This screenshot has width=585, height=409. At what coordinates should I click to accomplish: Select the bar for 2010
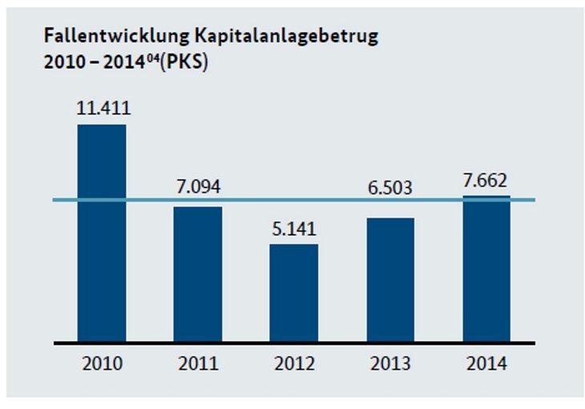pos(102,232)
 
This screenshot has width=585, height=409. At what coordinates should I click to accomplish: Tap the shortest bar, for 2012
pos(294,292)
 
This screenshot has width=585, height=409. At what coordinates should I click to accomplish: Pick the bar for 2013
pos(390,279)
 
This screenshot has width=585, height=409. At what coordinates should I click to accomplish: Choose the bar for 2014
pos(486,269)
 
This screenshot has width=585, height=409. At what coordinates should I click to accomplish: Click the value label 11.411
pos(102,108)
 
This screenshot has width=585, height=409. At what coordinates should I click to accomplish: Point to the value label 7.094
pos(198,189)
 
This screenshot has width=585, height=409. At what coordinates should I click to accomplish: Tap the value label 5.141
pos(294,228)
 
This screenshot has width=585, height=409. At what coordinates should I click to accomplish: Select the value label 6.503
pos(390,189)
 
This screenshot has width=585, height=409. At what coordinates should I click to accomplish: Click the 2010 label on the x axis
pos(102,364)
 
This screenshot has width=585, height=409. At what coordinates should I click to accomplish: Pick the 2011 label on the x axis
pos(198,364)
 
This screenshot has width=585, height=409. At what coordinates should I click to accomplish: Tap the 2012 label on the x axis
pos(294,364)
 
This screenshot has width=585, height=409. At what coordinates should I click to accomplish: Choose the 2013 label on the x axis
pos(390,364)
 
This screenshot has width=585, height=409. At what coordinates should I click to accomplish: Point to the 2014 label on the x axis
pos(486,364)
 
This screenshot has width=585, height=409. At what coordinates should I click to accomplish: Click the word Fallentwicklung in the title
pos(100,36)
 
